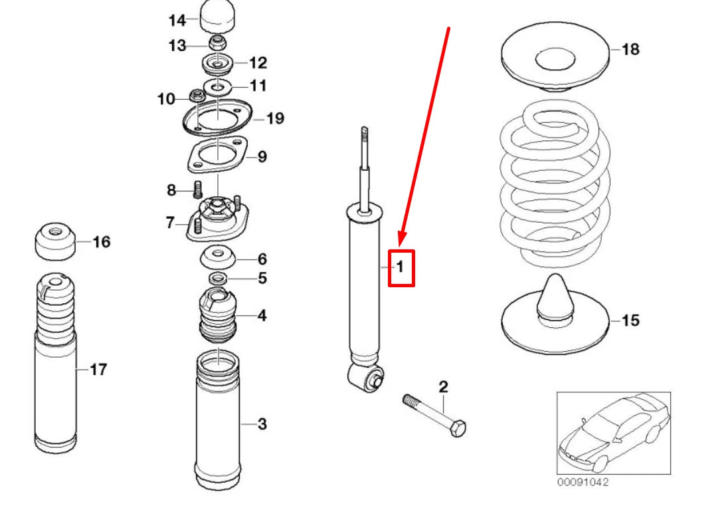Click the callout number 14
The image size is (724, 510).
pyautogui.click(x=177, y=20)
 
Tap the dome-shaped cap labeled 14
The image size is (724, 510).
pyautogui.click(x=219, y=16)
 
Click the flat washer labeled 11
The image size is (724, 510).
pyautogui.click(x=217, y=86)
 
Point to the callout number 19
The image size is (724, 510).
pyautogui.click(x=274, y=118)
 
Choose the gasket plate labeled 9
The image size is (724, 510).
pyautogui.click(x=217, y=156)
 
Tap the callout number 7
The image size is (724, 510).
pyautogui.click(x=170, y=222)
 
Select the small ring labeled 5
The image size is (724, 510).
pyautogui.click(x=217, y=277)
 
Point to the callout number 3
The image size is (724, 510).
pyautogui.click(x=262, y=424)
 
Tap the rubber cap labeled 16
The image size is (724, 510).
pyautogui.click(x=54, y=243)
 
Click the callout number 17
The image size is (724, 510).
pyautogui.click(x=98, y=370)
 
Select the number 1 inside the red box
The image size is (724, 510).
pyautogui.click(x=401, y=267)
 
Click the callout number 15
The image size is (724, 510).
pyautogui.click(x=630, y=320)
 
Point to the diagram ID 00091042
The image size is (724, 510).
pyautogui.click(x=583, y=482)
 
